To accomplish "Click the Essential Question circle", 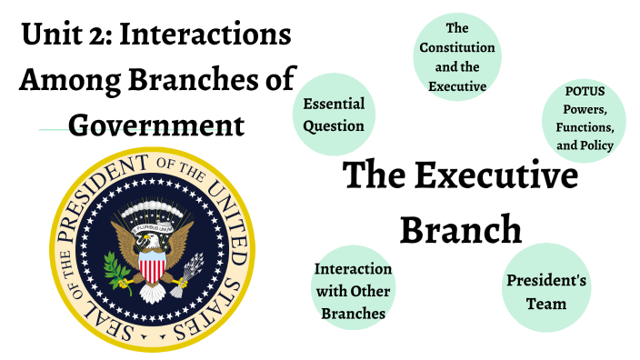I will (334, 115).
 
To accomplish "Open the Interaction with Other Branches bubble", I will (353, 291).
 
